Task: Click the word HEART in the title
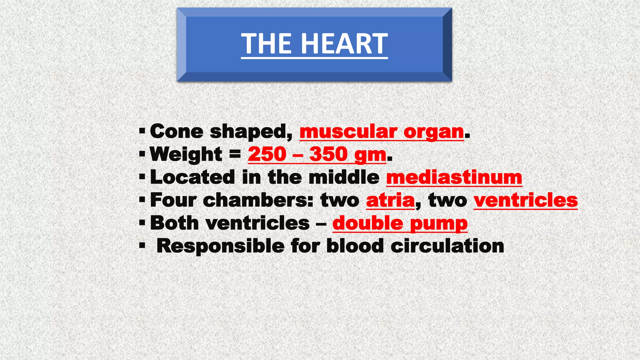click(344, 44)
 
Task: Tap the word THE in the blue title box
click(267, 44)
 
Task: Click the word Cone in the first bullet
click(177, 131)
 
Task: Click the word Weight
click(186, 154)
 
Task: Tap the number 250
click(267, 154)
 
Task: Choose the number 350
click(328, 154)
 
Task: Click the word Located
click(192, 177)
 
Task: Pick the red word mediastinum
click(454, 177)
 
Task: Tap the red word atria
click(390, 200)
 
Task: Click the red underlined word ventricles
click(526, 200)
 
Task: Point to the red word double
click(368, 223)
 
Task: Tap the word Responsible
click(220, 246)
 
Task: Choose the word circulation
click(447, 246)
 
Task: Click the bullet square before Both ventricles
click(142, 223)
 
